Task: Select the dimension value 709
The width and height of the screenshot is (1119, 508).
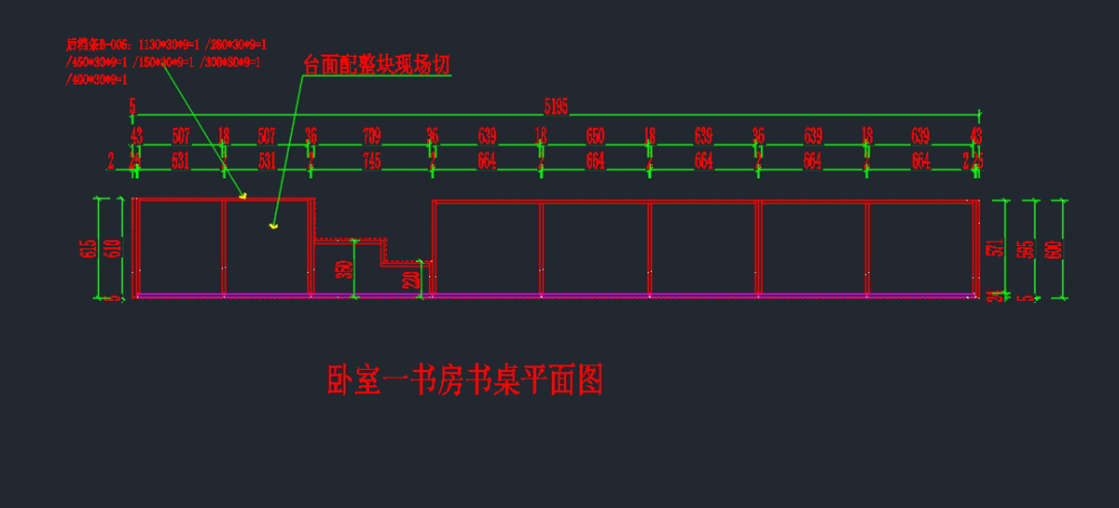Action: (x=371, y=136)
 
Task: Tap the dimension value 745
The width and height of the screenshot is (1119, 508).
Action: (x=371, y=161)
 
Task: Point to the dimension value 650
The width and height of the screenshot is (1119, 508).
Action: (x=595, y=136)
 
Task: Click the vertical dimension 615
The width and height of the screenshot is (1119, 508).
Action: (x=89, y=249)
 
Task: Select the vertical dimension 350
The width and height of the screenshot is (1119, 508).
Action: (x=343, y=268)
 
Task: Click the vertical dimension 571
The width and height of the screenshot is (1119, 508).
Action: (x=995, y=247)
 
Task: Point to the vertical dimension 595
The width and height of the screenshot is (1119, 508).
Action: (x=1024, y=249)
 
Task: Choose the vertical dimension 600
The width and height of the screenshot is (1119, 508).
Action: (x=1054, y=249)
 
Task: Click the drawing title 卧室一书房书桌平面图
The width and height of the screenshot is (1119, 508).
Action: (x=465, y=380)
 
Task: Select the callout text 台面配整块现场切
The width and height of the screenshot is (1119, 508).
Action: (x=377, y=64)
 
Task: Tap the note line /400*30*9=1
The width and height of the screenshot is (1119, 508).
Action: (x=97, y=80)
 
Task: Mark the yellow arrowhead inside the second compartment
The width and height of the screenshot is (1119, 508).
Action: (x=273, y=226)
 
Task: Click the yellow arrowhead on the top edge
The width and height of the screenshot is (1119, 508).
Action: (x=243, y=196)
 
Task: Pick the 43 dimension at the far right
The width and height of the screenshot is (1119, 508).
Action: (x=976, y=136)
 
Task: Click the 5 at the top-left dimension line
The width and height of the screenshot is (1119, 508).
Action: (x=132, y=105)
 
